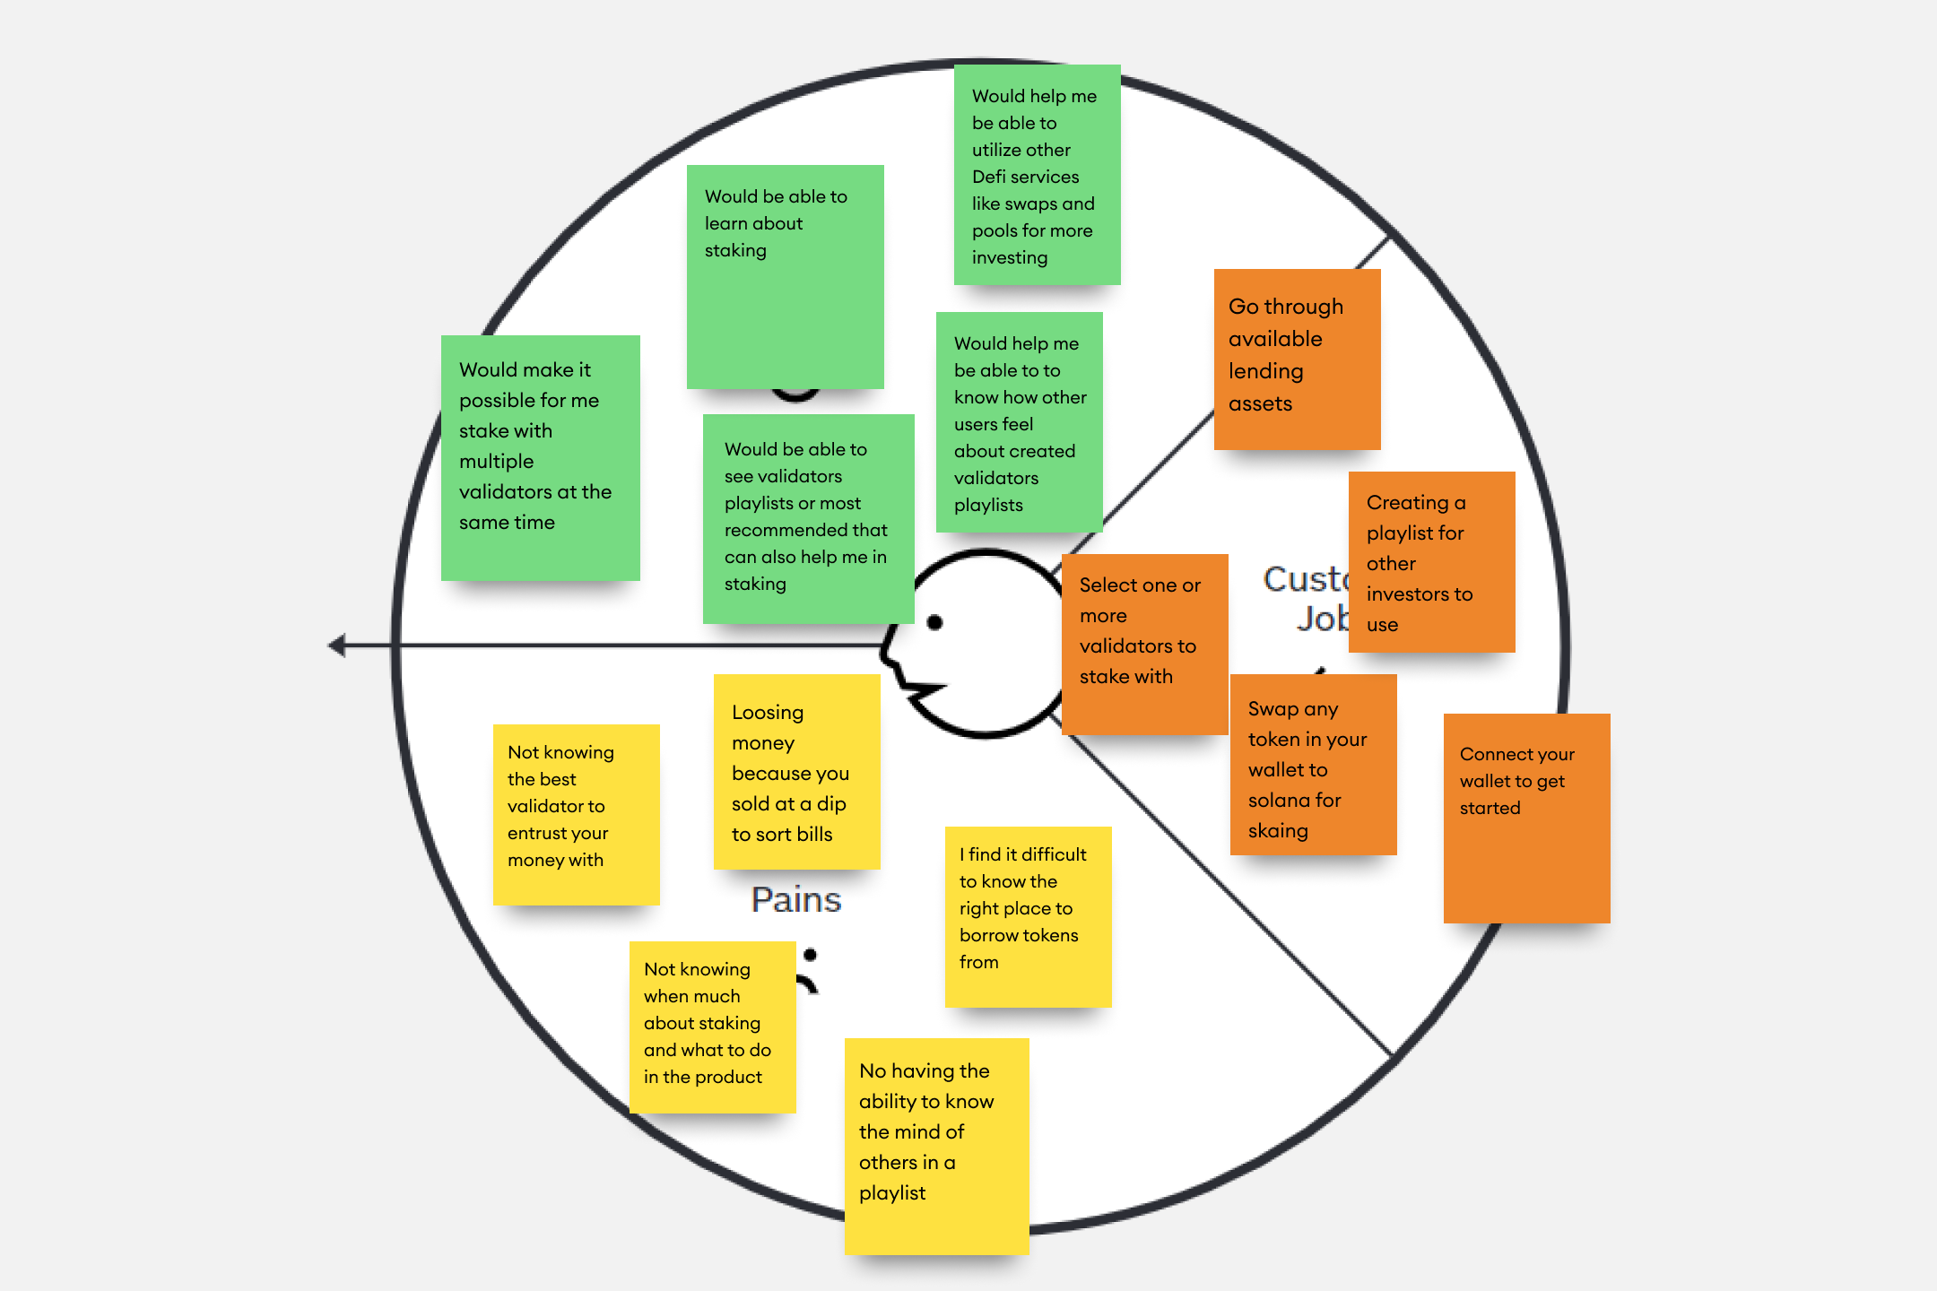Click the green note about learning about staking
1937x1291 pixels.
click(x=785, y=276)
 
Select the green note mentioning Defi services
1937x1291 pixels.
click(x=1037, y=175)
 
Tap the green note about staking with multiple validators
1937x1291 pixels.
click(x=540, y=457)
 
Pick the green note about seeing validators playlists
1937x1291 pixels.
click(x=808, y=518)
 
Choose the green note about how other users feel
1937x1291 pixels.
click(x=1019, y=421)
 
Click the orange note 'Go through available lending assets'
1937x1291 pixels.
click(x=1297, y=359)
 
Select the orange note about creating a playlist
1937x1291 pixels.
click(x=1431, y=562)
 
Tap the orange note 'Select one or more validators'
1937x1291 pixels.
click(x=1144, y=644)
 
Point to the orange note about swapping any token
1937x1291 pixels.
click(x=1313, y=764)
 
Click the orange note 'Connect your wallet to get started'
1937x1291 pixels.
click(x=1526, y=818)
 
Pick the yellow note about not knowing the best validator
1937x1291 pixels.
click(x=576, y=814)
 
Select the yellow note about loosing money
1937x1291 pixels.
click(x=796, y=771)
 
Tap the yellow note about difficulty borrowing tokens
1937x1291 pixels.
click(x=1028, y=916)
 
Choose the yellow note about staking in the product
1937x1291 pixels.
click(x=712, y=1027)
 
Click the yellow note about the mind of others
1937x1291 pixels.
click(x=936, y=1146)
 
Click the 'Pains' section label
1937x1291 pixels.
click(x=796, y=899)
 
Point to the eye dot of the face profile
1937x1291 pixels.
click(x=934, y=622)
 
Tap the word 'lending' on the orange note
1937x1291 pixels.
click(x=1265, y=371)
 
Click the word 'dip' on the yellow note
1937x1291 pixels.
click(x=831, y=803)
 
